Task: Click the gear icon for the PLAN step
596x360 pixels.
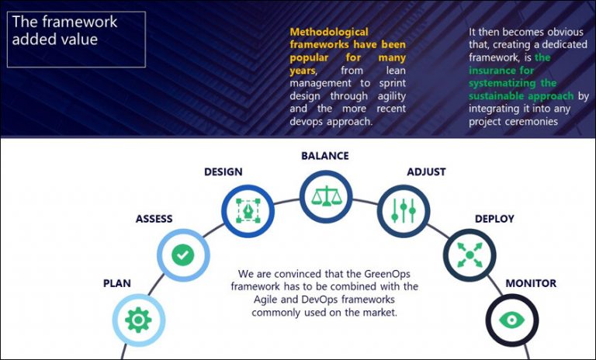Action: click(139, 320)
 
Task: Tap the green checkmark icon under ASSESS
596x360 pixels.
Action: click(183, 254)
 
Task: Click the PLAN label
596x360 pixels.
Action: click(117, 283)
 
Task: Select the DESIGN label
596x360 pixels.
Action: click(223, 171)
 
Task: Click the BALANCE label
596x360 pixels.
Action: click(325, 156)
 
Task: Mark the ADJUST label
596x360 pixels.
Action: click(426, 171)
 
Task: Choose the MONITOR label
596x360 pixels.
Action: click(531, 283)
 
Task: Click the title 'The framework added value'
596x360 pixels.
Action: click(64, 30)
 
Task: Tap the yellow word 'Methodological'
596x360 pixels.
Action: click(329, 32)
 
